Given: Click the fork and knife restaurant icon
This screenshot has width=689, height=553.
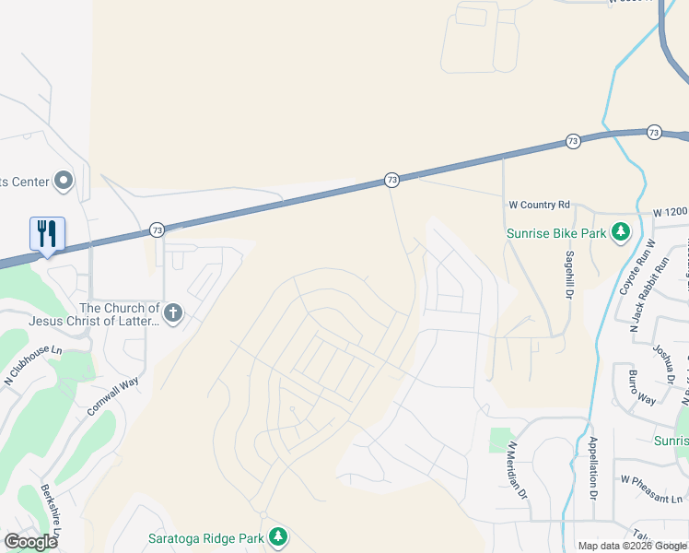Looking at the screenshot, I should point(47,233).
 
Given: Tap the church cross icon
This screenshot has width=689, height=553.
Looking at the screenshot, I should point(172,313).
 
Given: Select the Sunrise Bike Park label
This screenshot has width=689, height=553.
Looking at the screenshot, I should point(556,233).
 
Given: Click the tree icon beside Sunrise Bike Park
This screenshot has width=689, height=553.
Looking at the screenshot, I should point(622,231).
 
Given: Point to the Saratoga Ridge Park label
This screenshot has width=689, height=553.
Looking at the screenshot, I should point(205,538).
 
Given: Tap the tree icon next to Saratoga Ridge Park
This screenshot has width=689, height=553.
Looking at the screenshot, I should point(277,537).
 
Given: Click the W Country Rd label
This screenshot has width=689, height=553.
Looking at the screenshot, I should point(540,205).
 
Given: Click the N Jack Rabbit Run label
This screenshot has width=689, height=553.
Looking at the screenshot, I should point(647,292).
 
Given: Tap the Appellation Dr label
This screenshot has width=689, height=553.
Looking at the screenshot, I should point(593,466).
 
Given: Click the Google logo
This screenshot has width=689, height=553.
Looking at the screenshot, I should point(30,542).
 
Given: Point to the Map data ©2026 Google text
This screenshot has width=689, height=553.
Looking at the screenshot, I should point(631,546).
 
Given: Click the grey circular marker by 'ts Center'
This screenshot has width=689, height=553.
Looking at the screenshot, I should point(64,181).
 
